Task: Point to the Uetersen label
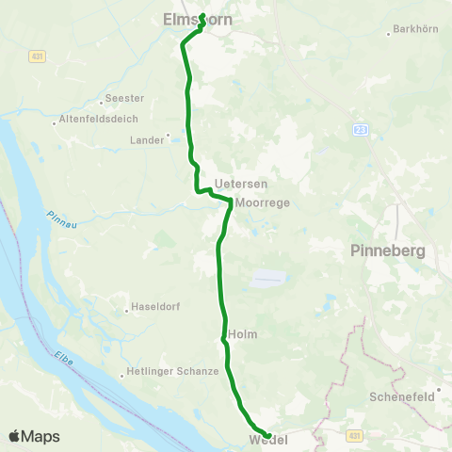click(x=234, y=183)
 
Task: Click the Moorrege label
click(x=263, y=202)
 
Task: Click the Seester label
click(x=124, y=98)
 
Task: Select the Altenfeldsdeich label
click(x=99, y=119)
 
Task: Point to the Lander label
click(x=147, y=139)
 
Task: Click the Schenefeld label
click(x=402, y=396)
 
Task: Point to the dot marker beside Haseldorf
click(x=127, y=309)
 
